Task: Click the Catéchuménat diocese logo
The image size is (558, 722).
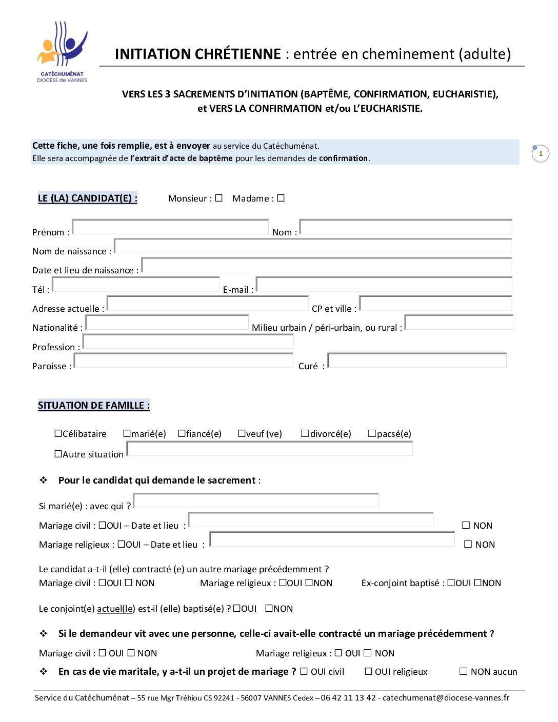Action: [x=62, y=51]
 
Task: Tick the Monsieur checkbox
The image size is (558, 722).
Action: [x=219, y=198]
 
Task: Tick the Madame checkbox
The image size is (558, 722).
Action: [x=281, y=198]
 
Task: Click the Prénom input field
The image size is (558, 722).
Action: [x=170, y=227]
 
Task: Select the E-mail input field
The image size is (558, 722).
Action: [x=384, y=285]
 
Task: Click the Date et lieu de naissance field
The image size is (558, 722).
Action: [x=326, y=265]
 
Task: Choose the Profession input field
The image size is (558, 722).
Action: [x=188, y=342]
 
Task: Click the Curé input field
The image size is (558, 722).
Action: [x=416, y=360]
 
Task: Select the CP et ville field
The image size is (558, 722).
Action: [x=435, y=304]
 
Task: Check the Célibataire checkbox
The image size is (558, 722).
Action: [x=58, y=433]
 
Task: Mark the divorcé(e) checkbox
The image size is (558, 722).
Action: [x=305, y=433]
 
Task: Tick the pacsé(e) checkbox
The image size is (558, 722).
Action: [x=372, y=433]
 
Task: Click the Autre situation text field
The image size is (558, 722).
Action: [x=269, y=449]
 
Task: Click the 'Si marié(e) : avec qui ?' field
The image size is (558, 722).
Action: [x=255, y=501]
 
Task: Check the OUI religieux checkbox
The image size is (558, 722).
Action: [x=368, y=671]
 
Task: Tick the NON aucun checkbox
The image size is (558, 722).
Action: [x=464, y=671]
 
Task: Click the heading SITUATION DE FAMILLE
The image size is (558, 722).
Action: [x=94, y=405]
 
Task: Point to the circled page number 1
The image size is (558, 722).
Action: [x=541, y=153]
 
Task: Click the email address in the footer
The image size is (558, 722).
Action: [x=446, y=697]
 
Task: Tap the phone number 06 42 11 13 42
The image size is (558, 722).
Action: [x=348, y=697]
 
